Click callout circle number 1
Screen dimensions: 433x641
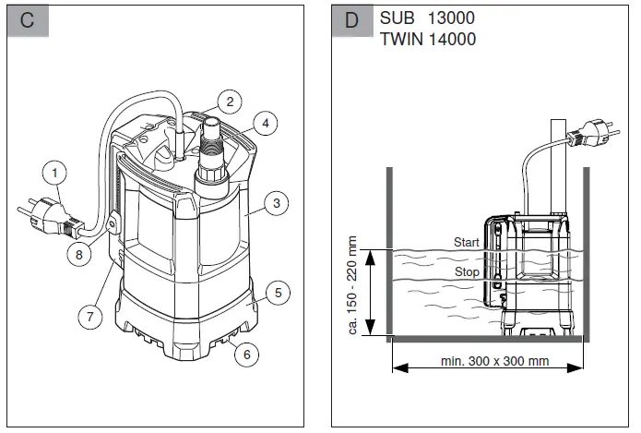(x=56, y=173)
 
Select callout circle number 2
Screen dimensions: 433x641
(x=230, y=102)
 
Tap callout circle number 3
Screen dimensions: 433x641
(x=274, y=204)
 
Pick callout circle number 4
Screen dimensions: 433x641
(x=265, y=122)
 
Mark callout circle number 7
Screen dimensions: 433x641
(x=89, y=317)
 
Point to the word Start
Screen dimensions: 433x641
(x=467, y=242)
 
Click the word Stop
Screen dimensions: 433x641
(x=466, y=272)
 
